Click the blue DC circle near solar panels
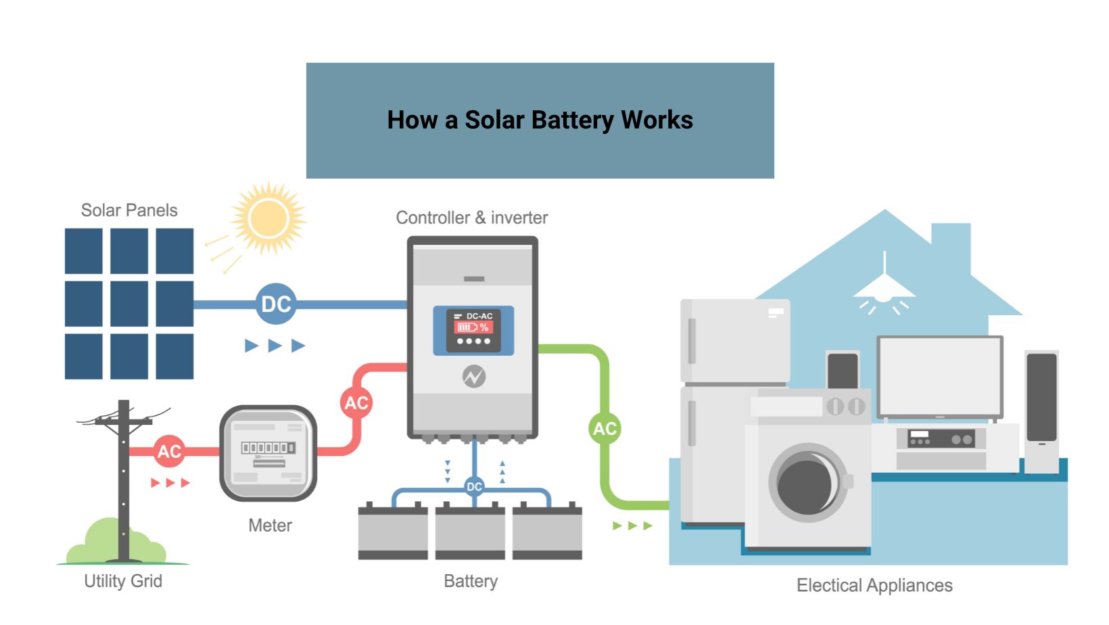coord(276,304)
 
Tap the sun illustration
coord(268,218)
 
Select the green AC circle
coord(605,428)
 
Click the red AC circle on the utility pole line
coord(169,451)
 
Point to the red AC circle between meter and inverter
coord(356,403)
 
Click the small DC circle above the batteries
coord(474,486)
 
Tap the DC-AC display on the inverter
coord(473,330)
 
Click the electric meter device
coord(268,453)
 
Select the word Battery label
coord(471,581)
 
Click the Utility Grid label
coord(123,581)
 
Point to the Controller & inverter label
coord(471,218)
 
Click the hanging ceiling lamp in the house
coord(884,287)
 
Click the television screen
coord(939,376)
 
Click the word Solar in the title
coord(494,120)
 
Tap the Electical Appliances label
coord(874,585)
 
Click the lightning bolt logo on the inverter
coord(473,377)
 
